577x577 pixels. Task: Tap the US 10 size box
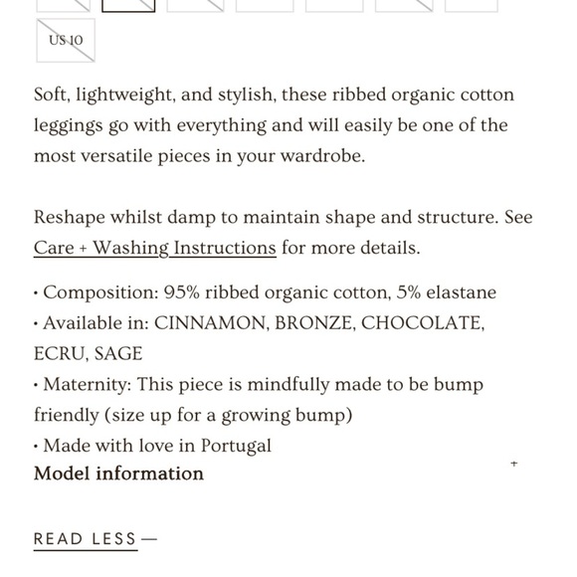66,41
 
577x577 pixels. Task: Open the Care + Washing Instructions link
154,248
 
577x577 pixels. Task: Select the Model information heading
118,474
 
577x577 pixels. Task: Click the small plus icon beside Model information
513,464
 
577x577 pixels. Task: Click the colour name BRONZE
312,323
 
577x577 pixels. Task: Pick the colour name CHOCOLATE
423,323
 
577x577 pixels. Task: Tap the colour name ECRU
58,354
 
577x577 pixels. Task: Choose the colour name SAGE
118,354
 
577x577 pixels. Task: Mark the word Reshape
73,218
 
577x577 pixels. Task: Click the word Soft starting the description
54,96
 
